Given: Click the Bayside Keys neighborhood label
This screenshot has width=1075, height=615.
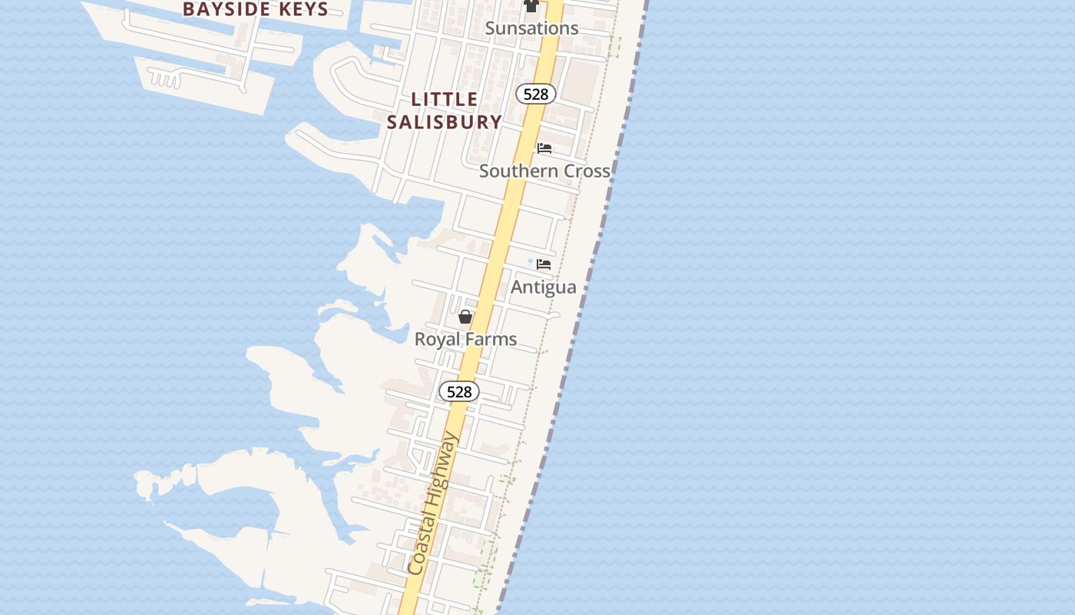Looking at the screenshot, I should (256, 9).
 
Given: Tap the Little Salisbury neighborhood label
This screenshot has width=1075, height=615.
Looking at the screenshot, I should (445, 111).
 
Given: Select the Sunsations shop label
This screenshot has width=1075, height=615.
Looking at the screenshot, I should (532, 28).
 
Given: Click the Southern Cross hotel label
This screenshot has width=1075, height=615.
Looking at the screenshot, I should (544, 171).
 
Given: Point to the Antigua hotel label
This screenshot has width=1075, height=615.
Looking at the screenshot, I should (544, 288).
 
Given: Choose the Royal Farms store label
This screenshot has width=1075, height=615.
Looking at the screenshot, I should (465, 339).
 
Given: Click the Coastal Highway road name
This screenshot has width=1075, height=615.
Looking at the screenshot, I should (432, 504).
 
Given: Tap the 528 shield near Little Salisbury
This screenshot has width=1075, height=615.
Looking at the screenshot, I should (535, 94).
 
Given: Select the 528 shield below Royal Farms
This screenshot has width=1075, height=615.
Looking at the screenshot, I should (459, 392).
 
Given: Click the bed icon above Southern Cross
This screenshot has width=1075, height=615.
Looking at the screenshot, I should (544, 148).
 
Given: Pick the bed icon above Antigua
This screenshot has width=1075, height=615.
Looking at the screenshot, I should (544, 264).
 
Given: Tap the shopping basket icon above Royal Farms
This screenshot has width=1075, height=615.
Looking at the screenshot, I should (465, 317).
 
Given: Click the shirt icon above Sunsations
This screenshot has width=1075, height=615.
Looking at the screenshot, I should (531, 5).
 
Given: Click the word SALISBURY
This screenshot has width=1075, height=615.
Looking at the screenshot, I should (445, 122).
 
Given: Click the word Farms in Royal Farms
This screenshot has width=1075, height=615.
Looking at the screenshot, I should (490, 339).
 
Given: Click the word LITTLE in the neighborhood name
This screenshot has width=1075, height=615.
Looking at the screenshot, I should (445, 99).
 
